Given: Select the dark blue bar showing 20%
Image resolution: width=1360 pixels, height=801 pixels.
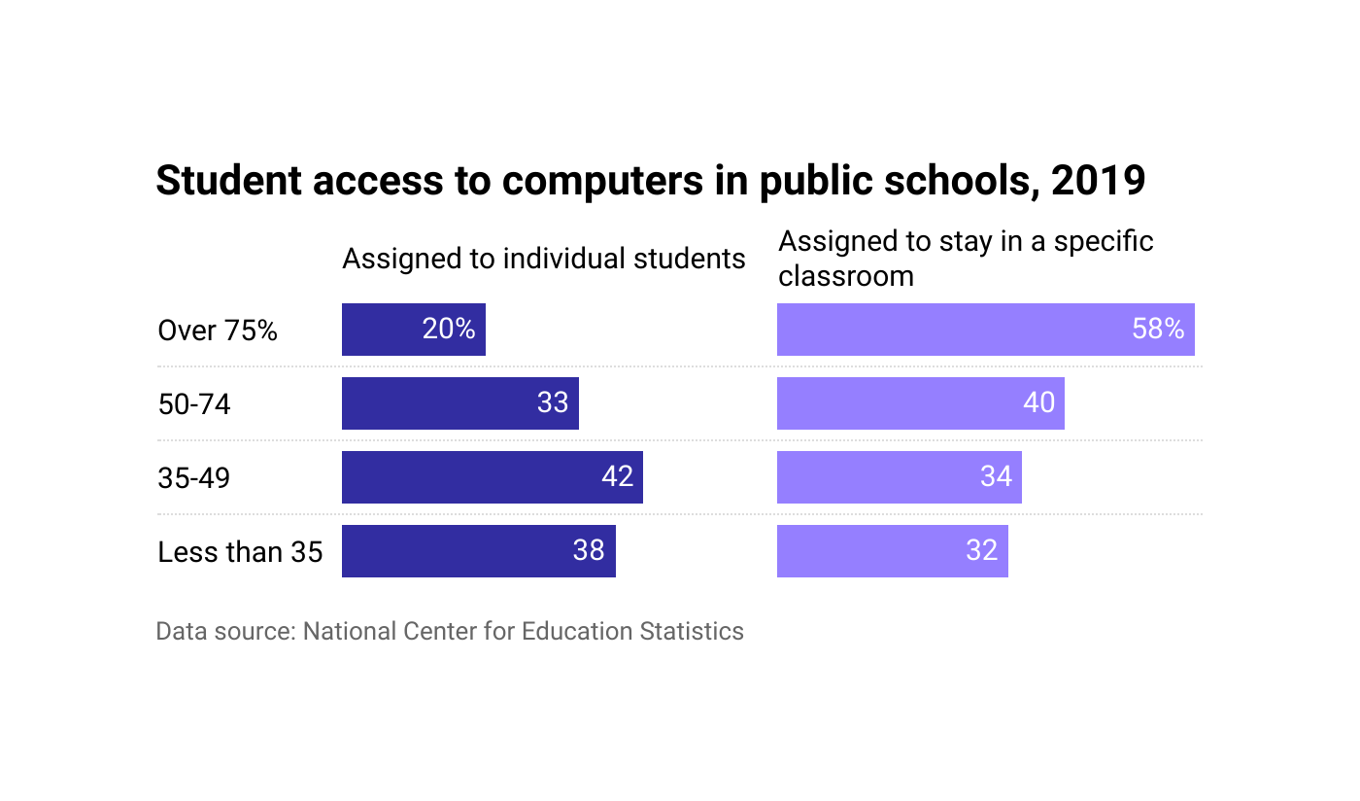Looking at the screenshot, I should [389, 330].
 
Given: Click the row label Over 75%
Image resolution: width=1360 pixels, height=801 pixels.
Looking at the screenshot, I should [218, 331].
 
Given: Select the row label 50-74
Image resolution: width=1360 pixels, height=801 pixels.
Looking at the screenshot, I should [194, 404].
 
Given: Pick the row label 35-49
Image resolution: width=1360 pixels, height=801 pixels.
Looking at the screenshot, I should [194, 478].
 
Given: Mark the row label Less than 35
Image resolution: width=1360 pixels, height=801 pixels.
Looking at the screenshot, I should [240, 552].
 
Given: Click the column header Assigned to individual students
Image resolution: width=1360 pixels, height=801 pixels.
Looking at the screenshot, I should [544, 259].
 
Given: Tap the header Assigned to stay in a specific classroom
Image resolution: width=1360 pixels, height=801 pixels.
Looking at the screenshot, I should [966, 259].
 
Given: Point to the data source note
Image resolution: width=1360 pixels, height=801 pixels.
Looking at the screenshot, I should [450, 631].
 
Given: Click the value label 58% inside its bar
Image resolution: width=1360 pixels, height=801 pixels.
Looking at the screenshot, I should [1158, 330].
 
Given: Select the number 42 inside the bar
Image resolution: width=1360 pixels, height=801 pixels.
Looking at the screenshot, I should [618, 476].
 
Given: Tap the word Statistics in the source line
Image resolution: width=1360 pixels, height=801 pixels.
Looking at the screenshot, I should [692, 631].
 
